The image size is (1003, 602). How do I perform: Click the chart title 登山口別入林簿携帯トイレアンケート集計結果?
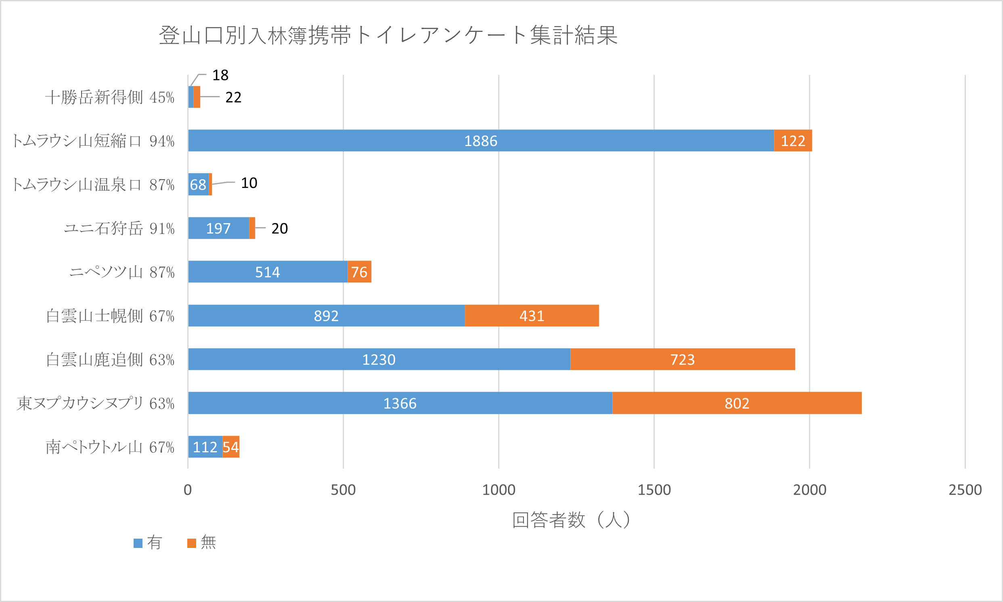pos(388,35)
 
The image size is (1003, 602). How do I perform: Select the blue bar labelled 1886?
pos(481,141)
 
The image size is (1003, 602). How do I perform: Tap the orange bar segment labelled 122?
pos(793,141)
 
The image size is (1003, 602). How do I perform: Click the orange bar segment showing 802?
pos(737,403)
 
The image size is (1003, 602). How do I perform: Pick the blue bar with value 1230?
pos(379,360)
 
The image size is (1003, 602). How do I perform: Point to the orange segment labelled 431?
pos(532,316)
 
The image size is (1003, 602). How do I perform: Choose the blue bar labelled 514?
pos(268,272)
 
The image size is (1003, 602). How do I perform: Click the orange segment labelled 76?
pos(359,272)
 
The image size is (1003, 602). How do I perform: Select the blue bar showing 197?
pos(218,228)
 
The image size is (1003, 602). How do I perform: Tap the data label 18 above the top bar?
pos(220,75)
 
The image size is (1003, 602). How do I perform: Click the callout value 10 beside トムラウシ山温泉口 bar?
pos(249,183)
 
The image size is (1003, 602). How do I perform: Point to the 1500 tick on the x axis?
pos(654,490)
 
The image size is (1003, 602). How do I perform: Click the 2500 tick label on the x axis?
pos(965,490)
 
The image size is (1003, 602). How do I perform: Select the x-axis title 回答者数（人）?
pos(571,520)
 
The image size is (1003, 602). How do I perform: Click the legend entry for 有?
pos(149,542)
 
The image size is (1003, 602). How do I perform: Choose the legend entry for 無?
pos(202,542)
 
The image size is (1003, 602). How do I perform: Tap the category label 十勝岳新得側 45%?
pos(109,97)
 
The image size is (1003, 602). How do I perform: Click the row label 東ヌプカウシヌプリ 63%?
pos(96,403)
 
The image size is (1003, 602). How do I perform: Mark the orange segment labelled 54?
pos(231,447)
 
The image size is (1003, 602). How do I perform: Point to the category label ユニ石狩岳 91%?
pos(119,228)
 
